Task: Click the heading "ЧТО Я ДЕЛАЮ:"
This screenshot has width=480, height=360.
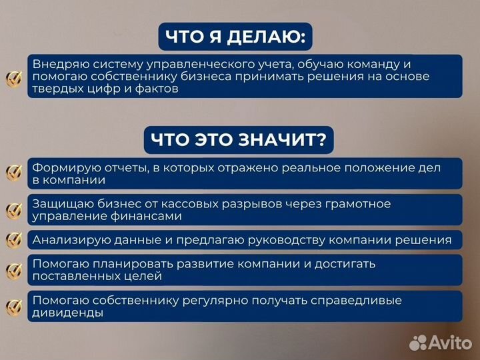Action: pyautogui.click(x=235, y=37)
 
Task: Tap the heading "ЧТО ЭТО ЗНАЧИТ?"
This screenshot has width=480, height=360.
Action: pyautogui.click(x=238, y=140)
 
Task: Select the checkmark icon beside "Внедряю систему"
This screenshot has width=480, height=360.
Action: pyautogui.click(x=13, y=78)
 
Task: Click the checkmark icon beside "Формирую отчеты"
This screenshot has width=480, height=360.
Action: pyautogui.click(x=13, y=173)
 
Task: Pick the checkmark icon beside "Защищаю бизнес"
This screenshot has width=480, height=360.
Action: pyautogui.click(x=13, y=211)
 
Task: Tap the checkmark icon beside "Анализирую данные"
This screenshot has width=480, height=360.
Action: pyautogui.click(x=13, y=240)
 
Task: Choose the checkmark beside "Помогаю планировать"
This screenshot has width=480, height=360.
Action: pyautogui.click(x=13, y=270)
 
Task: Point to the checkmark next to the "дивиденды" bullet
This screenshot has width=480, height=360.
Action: pyautogui.click(x=13, y=307)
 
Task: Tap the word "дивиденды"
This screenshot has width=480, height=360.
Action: pyautogui.click(x=67, y=313)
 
